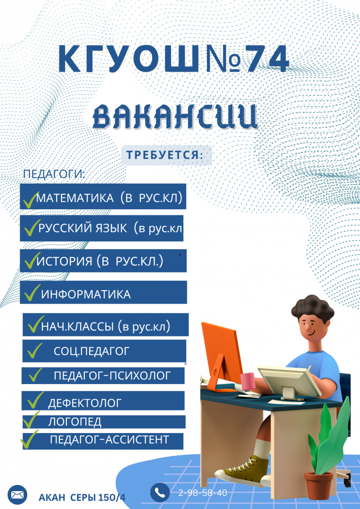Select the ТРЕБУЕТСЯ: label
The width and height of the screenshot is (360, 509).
pyautogui.click(x=165, y=155)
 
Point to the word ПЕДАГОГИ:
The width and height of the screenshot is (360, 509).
pyautogui.click(x=54, y=173)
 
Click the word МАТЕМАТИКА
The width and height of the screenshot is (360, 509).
pyautogui.click(x=75, y=198)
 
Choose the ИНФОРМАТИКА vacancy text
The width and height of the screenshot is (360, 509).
pyautogui.click(x=86, y=295)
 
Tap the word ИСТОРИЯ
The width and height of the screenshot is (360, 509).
pyautogui.click(x=65, y=262)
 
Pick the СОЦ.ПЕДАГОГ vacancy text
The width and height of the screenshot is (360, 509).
pyautogui.click(x=91, y=351)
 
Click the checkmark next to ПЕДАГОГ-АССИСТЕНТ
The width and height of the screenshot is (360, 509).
pyautogui.click(x=29, y=440)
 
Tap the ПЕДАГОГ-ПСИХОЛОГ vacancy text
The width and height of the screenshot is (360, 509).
pyautogui.click(x=112, y=376)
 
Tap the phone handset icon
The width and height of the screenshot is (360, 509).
pyautogui.click(x=160, y=493)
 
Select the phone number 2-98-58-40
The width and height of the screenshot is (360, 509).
pyautogui.click(x=203, y=493)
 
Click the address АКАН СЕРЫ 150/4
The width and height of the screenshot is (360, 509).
pyautogui.click(x=82, y=498)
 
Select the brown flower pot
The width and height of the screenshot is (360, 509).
pyautogui.click(x=319, y=485)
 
